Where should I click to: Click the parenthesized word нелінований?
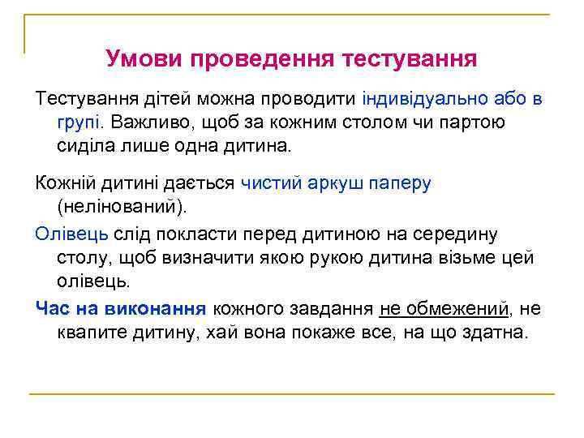pyautogui.click(x=122, y=208)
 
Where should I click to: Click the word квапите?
pyautogui.click(x=93, y=333)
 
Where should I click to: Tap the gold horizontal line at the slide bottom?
pyautogui.click(x=292, y=394)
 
